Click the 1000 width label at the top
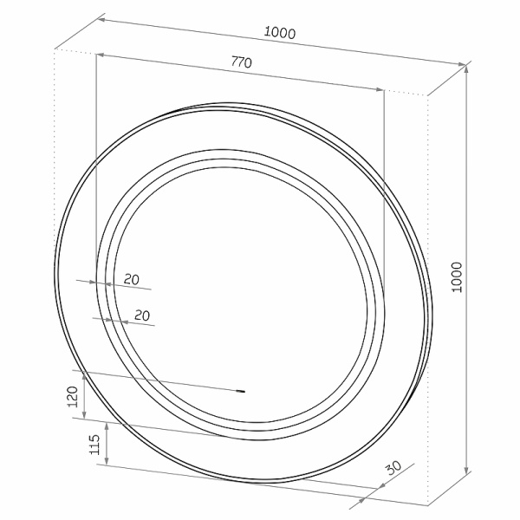coord(280,33)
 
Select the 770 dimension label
coord(242,62)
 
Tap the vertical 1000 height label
coord(457,277)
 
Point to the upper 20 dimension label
coord(132,280)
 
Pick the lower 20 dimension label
coord(142,315)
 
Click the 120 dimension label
coord(72,397)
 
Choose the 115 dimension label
coord(94,445)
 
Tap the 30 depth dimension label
coord(393,468)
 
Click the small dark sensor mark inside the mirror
coord(240,392)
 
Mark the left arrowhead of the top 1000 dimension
coord(102,20)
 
